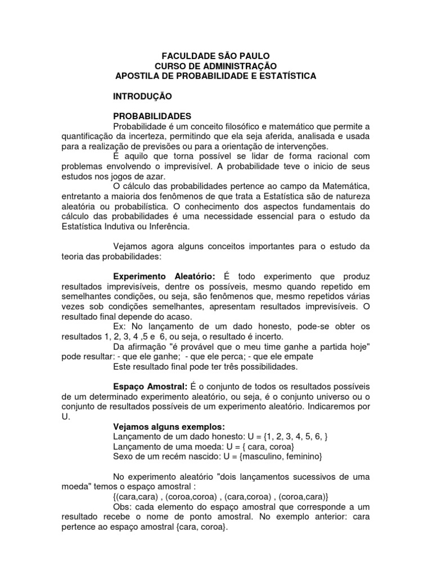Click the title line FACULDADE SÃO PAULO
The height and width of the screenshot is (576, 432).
[216, 56]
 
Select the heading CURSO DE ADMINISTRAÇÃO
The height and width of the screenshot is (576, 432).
[216, 66]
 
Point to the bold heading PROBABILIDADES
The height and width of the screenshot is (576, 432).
[152, 116]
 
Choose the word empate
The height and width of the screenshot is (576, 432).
[299, 356]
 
